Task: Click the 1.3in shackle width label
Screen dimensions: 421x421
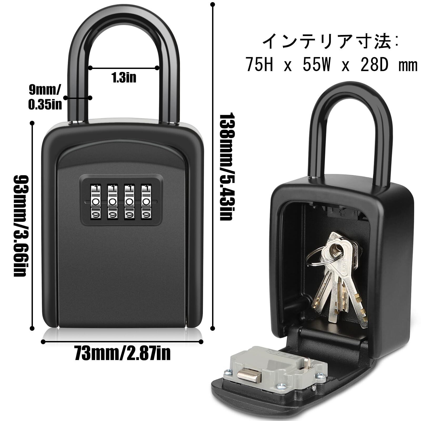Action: click(x=124, y=78)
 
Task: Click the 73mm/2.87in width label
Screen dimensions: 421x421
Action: click(x=122, y=353)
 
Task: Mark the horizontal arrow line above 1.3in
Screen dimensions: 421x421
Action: click(x=124, y=68)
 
